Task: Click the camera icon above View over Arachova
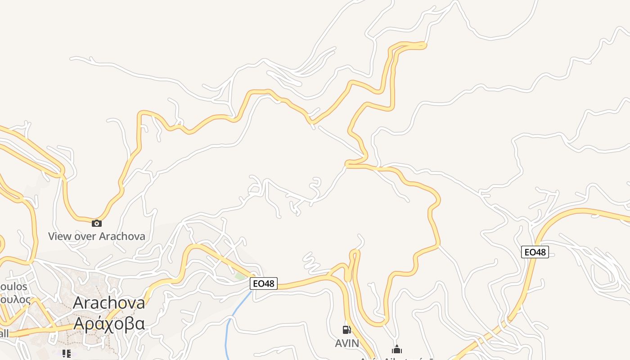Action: [x=96, y=223]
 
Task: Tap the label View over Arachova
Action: [x=96, y=236]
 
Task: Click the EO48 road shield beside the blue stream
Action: [x=264, y=283]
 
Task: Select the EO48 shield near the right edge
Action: [x=535, y=252]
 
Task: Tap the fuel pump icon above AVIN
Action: [x=346, y=330]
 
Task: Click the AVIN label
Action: [x=347, y=343]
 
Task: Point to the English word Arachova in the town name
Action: [x=109, y=302]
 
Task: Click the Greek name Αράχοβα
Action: [x=109, y=323]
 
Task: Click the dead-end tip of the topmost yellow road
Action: [x=424, y=44]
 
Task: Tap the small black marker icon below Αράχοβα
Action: [x=67, y=354]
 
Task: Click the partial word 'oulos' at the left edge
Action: [x=13, y=287]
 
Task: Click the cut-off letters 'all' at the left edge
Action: [x=4, y=333]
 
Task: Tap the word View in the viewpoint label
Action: [x=59, y=236]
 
